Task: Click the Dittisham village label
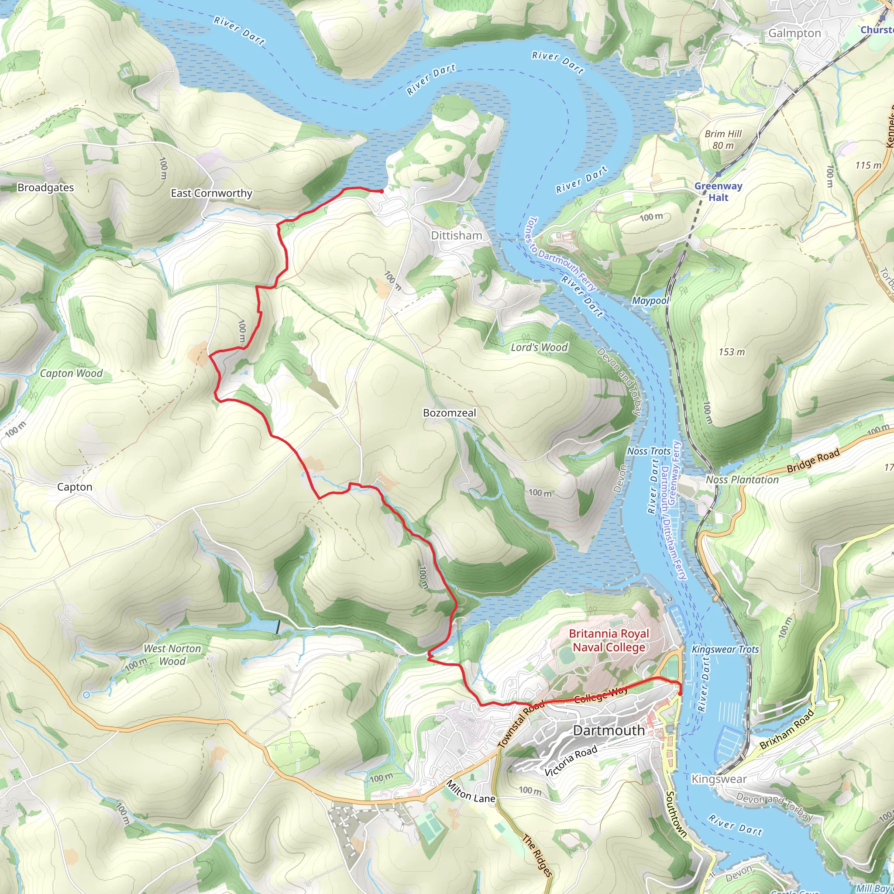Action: pyautogui.click(x=456, y=236)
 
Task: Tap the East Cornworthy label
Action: pyautogui.click(x=211, y=193)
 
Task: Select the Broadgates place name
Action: pyautogui.click(x=45, y=187)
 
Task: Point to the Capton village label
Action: pyautogui.click(x=75, y=487)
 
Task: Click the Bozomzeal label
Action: pyautogui.click(x=449, y=413)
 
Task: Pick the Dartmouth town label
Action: pyautogui.click(x=609, y=731)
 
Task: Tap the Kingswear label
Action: pyautogui.click(x=719, y=779)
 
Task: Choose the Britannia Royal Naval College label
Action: pyautogui.click(x=609, y=640)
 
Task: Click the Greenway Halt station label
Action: pyautogui.click(x=718, y=191)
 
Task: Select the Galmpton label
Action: pyautogui.click(x=794, y=33)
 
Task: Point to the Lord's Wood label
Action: pyautogui.click(x=539, y=347)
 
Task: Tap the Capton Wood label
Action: pyautogui.click(x=71, y=373)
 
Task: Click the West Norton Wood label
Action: pyautogui.click(x=172, y=655)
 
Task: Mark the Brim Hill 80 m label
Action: pyautogui.click(x=723, y=139)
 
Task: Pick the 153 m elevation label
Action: pyautogui.click(x=732, y=352)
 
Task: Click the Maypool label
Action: pyautogui.click(x=650, y=301)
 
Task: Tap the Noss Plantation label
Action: pyautogui.click(x=742, y=480)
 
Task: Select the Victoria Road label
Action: pyautogui.click(x=571, y=761)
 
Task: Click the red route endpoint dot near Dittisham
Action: pyautogui.click(x=381, y=191)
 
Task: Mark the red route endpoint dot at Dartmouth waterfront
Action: pyautogui.click(x=680, y=693)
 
